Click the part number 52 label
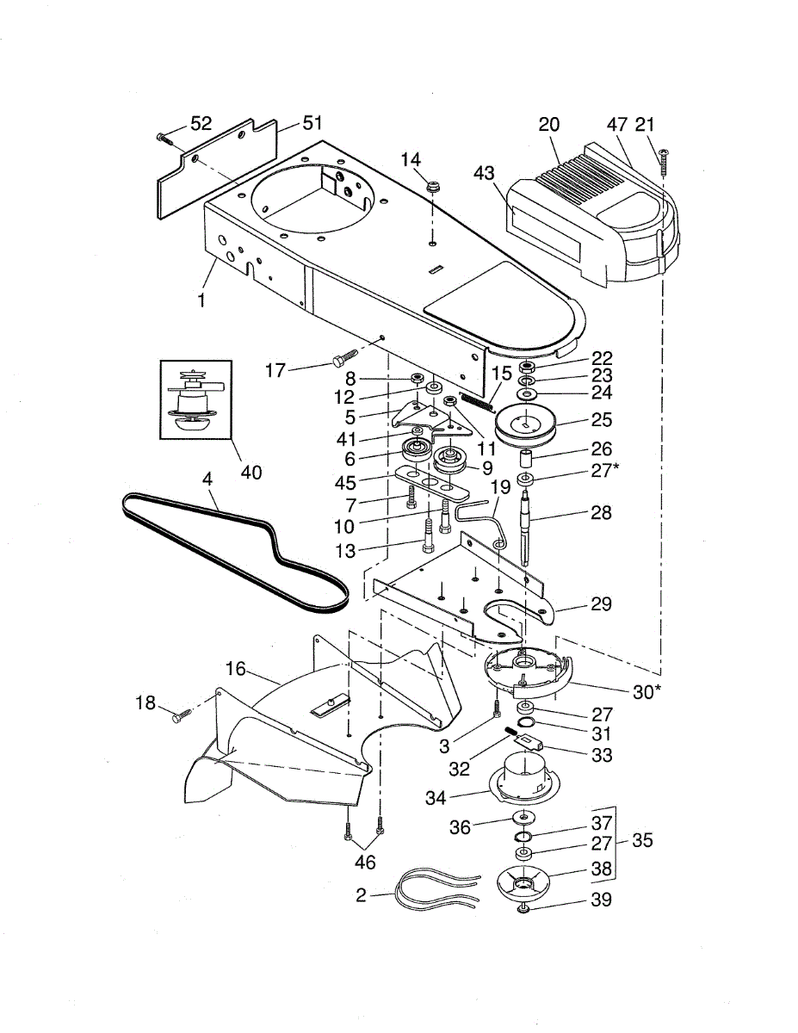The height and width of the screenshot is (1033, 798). (x=201, y=124)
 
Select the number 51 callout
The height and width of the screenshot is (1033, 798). (x=312, y=124)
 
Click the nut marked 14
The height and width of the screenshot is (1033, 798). (x=433, y=186)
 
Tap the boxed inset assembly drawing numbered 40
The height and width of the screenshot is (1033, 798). (x=195, y=399)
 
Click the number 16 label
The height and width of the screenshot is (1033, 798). (x=236, y=670)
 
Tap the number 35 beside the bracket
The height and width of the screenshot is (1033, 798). (x=642, y=840)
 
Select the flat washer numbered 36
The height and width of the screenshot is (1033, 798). (x=523, y=818)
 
